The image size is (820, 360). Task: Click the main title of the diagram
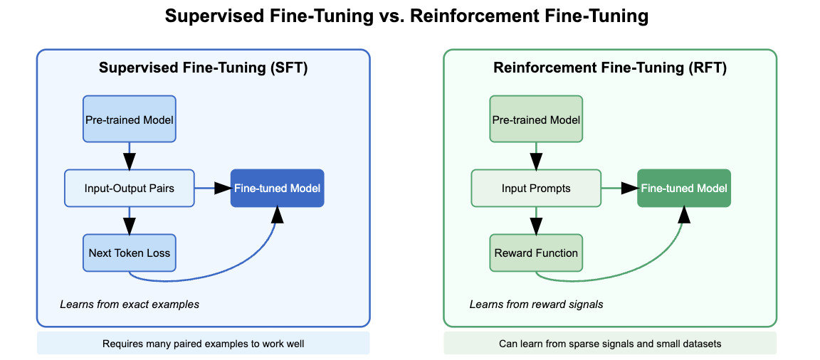406,16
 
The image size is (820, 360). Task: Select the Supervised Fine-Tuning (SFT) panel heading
204,68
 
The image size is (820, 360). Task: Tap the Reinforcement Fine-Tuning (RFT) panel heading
610,68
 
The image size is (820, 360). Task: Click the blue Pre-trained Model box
129,120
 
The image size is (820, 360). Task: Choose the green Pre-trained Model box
536,120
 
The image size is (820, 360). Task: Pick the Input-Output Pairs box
129,189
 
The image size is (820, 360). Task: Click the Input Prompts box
536,189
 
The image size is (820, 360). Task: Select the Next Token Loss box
129,253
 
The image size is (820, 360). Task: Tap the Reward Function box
536,253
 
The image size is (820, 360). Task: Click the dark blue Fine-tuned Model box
277,189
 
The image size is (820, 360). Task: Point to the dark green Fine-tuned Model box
684,189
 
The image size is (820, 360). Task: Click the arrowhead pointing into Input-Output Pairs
129,161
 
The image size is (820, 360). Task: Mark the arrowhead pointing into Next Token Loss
129,226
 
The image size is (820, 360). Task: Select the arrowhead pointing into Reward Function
536,226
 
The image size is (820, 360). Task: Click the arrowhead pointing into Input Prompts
536,161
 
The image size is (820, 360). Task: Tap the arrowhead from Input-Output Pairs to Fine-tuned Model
222,189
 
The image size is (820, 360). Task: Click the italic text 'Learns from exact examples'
130,305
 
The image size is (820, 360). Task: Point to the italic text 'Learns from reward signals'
536,305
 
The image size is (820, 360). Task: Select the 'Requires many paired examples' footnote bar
204,344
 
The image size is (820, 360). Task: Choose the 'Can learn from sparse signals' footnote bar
610,344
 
